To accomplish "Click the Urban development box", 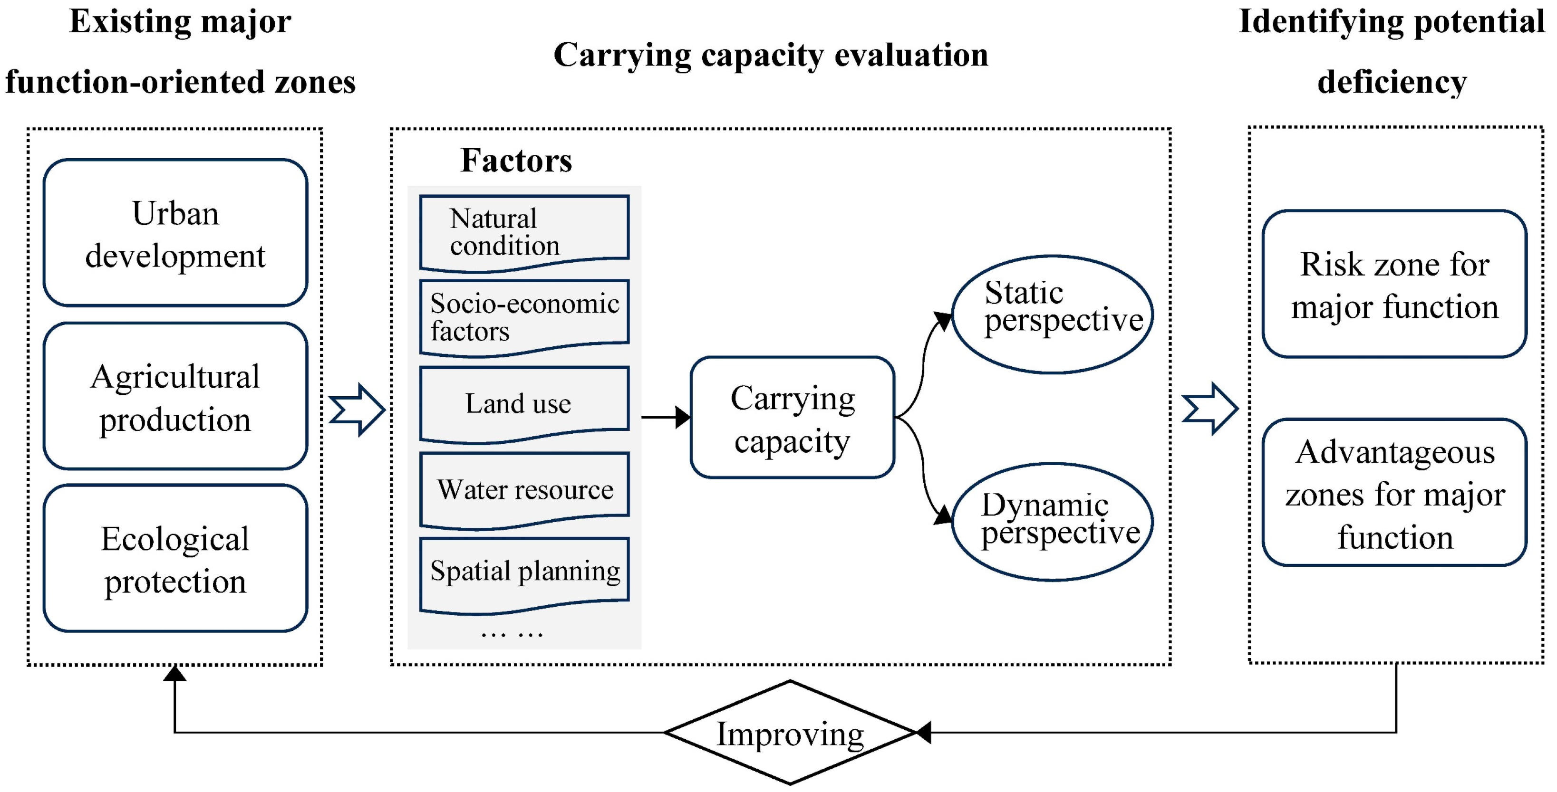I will click(x=175, y=233).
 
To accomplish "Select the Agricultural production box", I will click(x=175, y=396).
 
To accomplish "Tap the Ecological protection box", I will click(x=175, y=559).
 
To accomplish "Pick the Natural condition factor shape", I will click(x=524, y=231).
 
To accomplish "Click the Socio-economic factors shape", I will click(x=524, y=316).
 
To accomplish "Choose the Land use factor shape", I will click(x=524, y=403).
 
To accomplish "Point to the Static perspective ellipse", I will click(x=1052, y=314).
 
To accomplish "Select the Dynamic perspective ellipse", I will click(x=1052, y=522).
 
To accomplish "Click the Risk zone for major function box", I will click(x=1394, y=285).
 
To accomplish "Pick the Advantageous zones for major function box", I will click(x=1394, y=492).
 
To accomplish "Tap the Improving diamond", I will click(x=790, y=733).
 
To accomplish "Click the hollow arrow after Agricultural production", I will click(x=357, y=410).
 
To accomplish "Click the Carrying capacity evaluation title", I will click(x=771, y=56).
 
